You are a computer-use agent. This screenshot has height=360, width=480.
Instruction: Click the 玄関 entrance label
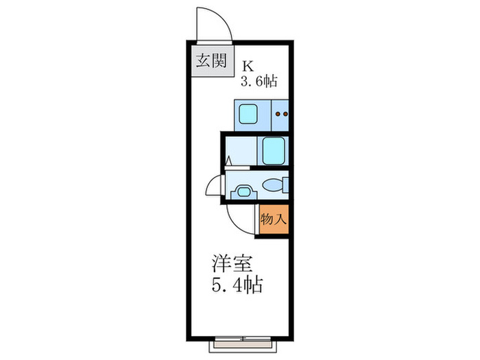pyautogui.click(x=211, y=61)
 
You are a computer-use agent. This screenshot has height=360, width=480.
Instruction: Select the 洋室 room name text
pyautogui.click(x=228, y=263)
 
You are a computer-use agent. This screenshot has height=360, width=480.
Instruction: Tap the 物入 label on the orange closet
pyautogui.click(x=272, y=221)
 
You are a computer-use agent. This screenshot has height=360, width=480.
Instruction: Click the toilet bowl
pyautogui.click(x=273, y=184)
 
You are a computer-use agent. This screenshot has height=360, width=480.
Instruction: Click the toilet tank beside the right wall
pyautogui.click(x=285, y=184)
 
